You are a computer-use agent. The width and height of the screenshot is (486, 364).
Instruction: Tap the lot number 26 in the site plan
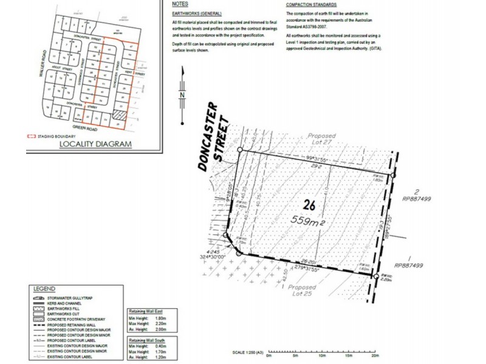pyautogui.click(x=309, y=205)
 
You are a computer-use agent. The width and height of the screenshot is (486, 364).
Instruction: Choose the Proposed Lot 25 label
pyautogui.click(x=302, y=291)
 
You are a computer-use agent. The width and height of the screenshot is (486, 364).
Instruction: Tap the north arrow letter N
pyautogui.click(x=181, y=95)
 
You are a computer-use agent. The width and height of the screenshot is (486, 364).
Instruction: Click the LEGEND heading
pyautogui.click(x=44, y=289)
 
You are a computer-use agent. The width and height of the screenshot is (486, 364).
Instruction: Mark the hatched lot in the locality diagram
pyautogui.click(x=120, y=115)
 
